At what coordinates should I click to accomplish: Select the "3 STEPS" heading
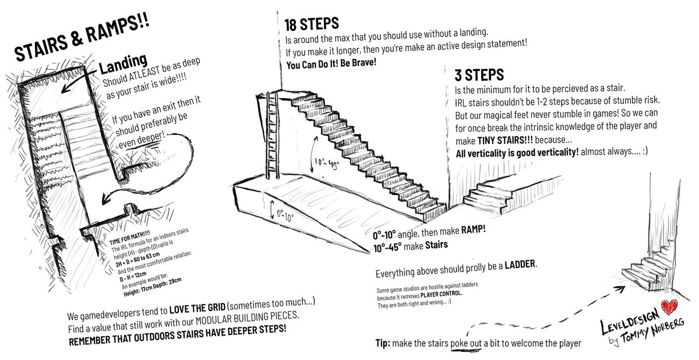(x=479, y=76)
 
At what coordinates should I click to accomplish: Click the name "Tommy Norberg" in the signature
(x=650, y=330)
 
